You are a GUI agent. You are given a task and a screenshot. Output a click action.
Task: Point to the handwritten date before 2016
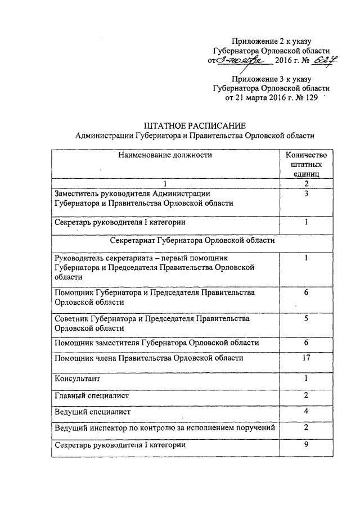pyautogui.click(x=239, y=61)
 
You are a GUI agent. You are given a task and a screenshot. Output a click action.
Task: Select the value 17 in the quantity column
pyautogui.click(x=307, y=359)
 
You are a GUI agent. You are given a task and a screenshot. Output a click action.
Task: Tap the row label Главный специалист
pyautogui.click(x=91, y=395)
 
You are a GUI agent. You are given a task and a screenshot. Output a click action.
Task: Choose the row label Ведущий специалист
pyautogui.click(x=92, y=412)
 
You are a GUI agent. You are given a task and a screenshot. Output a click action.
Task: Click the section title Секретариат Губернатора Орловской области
pyautogui.click(x=192, y=240)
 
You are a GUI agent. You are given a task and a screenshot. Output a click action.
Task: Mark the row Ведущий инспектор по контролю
pyautogui.click(x=165, y=429)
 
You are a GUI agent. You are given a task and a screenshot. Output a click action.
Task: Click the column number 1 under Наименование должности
pyautogui.click(x=165, y=183)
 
